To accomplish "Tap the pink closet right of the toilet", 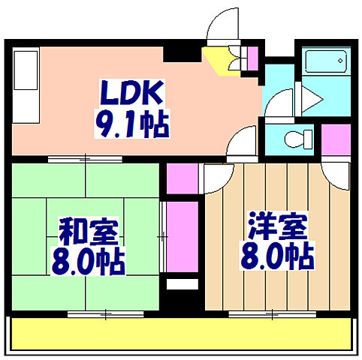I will click(336, 139).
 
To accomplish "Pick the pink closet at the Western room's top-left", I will click(180, 177).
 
